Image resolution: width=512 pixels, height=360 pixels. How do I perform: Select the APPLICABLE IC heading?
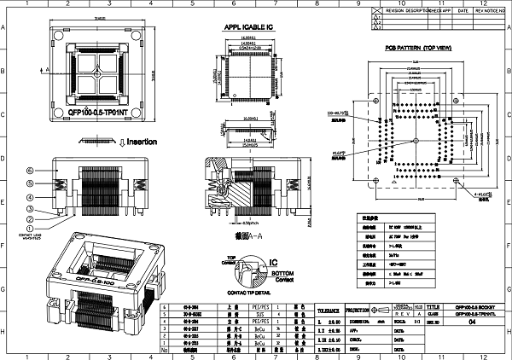pyautogui.click(x=249, y=27)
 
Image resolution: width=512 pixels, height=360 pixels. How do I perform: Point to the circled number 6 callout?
pyautogui.click(x=29, y=170)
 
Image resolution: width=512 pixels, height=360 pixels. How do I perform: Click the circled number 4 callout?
pyautogui.click(x=29, y=196)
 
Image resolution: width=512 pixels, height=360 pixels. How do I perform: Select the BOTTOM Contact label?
pyautogui.click(x=281, y=276)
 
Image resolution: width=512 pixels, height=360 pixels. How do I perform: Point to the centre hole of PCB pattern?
pyautogui.click(x=416, y=139)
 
